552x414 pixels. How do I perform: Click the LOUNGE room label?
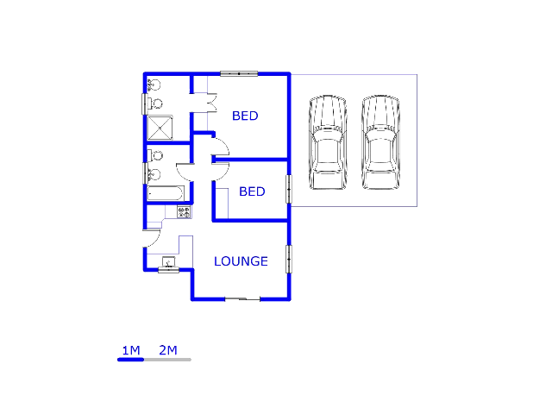click(x=241, y=261)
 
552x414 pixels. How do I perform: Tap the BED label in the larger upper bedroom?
click(x=245, y=116)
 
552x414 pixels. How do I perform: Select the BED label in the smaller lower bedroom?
click(x=252, y=191)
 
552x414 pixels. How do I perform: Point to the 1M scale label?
click(x=131, y=350)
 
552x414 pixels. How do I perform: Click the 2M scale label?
click(x=168, y=350)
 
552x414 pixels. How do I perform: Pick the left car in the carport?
click(x=328, y=141)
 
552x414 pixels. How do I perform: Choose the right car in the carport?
click(x=380, y=141)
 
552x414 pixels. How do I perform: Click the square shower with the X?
click(x=160, y=128)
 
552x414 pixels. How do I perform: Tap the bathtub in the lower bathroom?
click(x=165, y=193)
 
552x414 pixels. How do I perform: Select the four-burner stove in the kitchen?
click(x=184, y=212)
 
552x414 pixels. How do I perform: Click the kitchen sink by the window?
click(x=169, y=262)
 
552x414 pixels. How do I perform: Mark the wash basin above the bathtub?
click(x=154, y=174)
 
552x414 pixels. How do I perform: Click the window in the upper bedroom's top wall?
click(x=239, y=73)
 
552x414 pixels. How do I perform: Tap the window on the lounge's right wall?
click(x=289, y=259)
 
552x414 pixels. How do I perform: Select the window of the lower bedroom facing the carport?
click(x=289, y=189)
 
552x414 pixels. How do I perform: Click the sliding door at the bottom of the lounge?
click(x=242, y=299)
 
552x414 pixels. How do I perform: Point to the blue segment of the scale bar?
click(x=130, y=360)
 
